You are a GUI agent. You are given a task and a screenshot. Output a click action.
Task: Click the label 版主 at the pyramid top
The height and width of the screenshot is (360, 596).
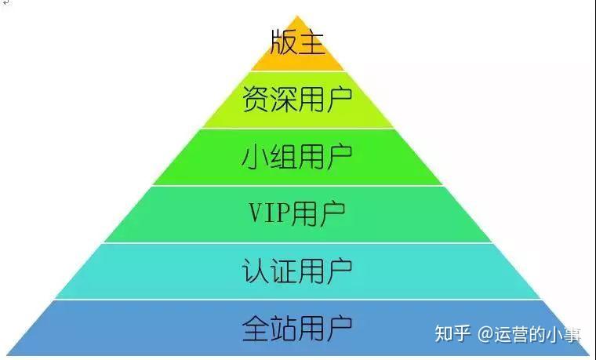tap(297, 42)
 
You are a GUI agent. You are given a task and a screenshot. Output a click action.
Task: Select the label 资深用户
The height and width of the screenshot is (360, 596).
tap(297, 99)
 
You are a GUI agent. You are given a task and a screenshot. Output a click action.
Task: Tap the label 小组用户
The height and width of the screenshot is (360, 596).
tap(297, 156)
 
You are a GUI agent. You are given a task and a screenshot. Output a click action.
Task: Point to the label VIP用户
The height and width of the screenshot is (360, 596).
tap(297, 213)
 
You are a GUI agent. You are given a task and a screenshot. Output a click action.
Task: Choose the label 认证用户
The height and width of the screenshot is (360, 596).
tap(297, 270)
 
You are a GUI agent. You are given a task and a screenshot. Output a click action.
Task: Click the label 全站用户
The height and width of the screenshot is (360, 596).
tap(297, 326)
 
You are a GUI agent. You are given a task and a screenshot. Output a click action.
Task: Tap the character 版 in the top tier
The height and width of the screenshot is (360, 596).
tap(284, 42)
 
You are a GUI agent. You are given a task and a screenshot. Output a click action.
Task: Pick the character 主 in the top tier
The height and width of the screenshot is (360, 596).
tap(311, 42)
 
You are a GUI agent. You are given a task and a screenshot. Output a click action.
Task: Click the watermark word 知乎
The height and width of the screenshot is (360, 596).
tap(452, 334)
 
